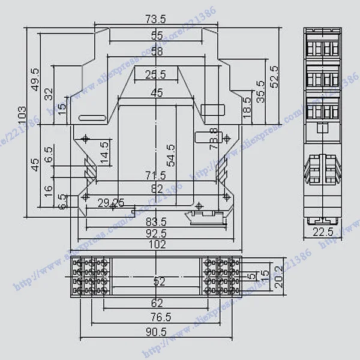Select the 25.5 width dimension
pos(155,75)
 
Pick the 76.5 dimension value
pos(157,316)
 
